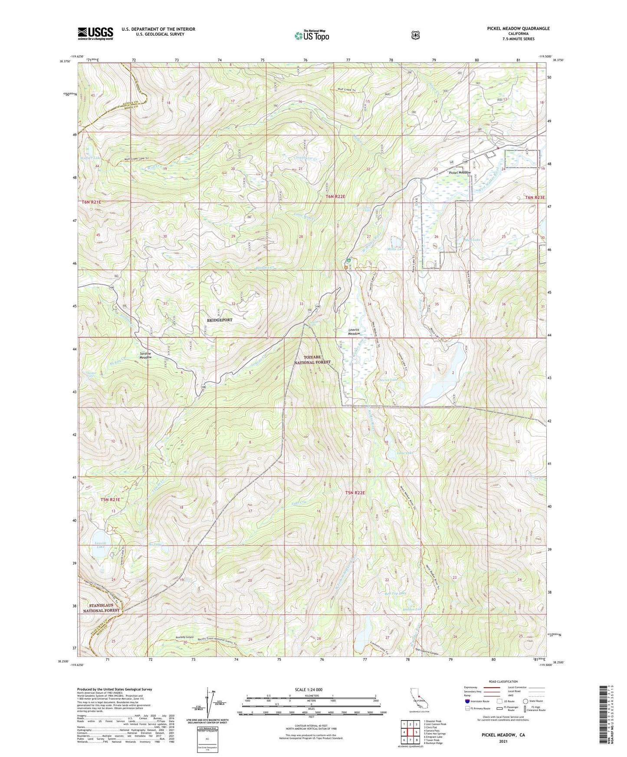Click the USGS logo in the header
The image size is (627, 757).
[95, 33]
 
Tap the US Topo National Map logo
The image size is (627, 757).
[311, 36]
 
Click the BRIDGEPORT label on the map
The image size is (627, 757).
[220, 320]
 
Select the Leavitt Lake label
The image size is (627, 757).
[100, 545]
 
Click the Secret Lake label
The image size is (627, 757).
[388, 380]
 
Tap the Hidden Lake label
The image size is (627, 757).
[413, 609]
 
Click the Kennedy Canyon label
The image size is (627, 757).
[173, 637]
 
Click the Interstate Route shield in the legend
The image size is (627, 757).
[467, 701]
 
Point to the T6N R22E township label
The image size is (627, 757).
[335, 196]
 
